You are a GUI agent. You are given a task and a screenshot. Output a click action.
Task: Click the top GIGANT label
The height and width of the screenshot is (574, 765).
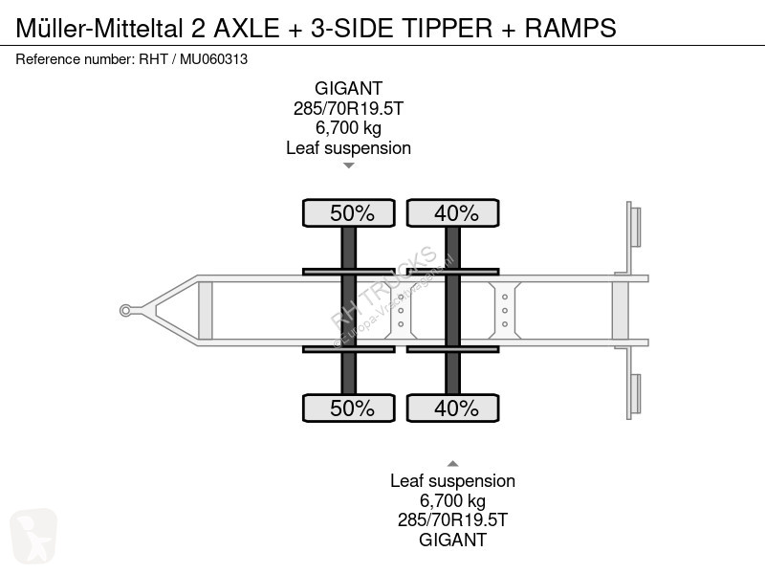pyautogui.click(x=348, y=89)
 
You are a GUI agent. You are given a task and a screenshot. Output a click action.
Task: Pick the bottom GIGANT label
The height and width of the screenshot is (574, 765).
pyautogui.click(x=452, y=540)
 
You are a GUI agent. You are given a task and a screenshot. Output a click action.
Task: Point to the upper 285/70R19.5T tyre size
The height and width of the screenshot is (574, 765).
pyautogui.click(x=348, y=108)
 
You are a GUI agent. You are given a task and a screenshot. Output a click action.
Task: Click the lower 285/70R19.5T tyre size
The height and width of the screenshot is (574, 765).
pyautogui.click(x=452, y=520)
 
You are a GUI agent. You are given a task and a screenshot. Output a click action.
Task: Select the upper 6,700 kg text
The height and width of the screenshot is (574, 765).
pyautogui.click(x=348, y=128)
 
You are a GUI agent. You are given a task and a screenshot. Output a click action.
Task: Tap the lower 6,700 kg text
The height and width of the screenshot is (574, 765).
pyautogui.click(x=452, y=500)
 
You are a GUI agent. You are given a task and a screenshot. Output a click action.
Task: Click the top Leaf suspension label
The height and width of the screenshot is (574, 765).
pyautogui.click(x=348, y=147)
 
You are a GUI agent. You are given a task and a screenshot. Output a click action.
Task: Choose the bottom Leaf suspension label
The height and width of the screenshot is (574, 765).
pyautogui.click(x=452, y=481)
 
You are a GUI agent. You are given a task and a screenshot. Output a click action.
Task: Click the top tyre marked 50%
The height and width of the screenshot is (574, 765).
pyautogui.click(x=349, y=213)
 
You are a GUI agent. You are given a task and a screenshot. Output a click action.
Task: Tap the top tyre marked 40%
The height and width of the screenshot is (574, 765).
pyautogui.click(x=453, y=213)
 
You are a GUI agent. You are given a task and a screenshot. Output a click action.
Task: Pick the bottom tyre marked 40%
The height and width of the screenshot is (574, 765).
pyautogui.click(x=453, y=408)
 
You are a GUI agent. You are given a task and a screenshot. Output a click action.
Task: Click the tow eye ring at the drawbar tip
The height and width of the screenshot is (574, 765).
pyautogui.click(x=125, y=309)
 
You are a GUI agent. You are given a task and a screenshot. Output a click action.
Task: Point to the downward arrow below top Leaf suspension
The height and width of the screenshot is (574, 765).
pyautogui.click(x=349, y=166)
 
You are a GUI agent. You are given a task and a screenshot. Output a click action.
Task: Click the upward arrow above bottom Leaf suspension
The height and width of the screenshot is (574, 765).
pyautogui.click(x=453, y=463)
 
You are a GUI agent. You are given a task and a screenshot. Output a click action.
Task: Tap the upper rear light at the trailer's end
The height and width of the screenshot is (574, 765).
pyautogui.click(x=634, y=227)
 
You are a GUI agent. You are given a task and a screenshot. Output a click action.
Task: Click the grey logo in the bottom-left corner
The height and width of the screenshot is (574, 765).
pyautogui.click(x=33, y=535)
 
